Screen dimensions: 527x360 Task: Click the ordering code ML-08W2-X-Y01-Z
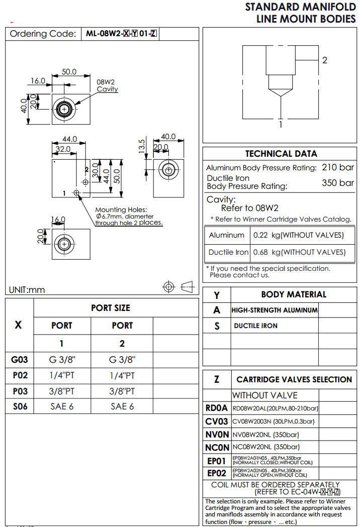tap(122, 34)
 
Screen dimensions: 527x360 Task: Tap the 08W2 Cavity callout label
tap(107, 85)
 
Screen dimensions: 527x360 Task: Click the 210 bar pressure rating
tap(338, 167)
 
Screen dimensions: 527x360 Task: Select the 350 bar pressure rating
tap(338, 182)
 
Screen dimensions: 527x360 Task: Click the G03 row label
tap(19, 360)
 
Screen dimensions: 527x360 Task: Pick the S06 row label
tap(19, 406)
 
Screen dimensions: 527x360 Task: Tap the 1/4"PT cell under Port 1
tap(62, 375)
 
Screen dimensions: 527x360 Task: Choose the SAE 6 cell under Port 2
tap(122, 406)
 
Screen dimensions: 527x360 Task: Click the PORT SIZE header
tap(111, 308)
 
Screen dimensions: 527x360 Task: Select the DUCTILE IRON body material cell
tap(255, 326)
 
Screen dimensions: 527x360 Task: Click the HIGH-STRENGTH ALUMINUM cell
tap(275, 310)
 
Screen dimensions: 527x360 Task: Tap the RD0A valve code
tap(217, 408)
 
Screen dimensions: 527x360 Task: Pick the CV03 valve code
tap(217, 421)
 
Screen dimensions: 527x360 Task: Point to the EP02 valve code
tap(217, 473)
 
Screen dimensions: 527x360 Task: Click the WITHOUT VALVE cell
tap(264, 395)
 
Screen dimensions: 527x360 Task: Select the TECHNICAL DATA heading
tap(281, 154)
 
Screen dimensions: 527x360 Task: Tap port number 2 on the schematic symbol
tap(325, 60)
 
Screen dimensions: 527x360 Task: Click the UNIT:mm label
tap(27, 290)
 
